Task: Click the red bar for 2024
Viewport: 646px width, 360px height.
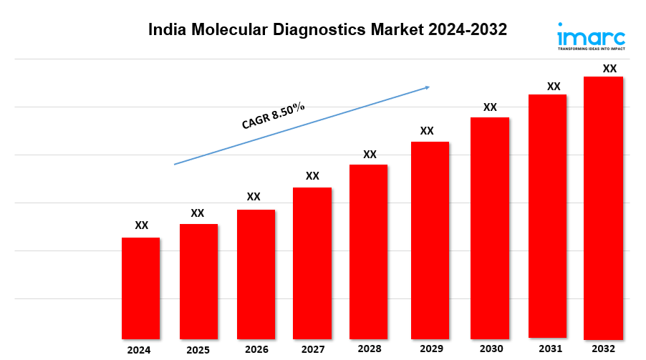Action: (140, 288)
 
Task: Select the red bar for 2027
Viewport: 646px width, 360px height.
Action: (312, 263)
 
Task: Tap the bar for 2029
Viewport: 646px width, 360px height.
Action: (430, 240)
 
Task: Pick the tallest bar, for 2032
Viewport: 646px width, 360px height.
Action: (603, 208)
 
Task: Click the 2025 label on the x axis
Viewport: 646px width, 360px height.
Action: (198, 350)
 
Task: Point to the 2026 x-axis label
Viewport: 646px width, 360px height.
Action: (256, 349)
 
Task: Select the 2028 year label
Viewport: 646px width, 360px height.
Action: (369, 349)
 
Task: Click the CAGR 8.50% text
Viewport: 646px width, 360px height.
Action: (273, 116)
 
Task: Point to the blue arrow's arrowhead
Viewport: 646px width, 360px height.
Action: (426, 87)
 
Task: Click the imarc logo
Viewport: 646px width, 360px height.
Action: (591, 38)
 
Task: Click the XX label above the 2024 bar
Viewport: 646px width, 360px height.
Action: (142, 225)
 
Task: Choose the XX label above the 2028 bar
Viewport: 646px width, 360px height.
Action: (370, 155)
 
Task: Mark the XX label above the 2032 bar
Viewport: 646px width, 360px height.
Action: (609, 69)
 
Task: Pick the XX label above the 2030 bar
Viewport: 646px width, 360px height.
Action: (490, 107)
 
